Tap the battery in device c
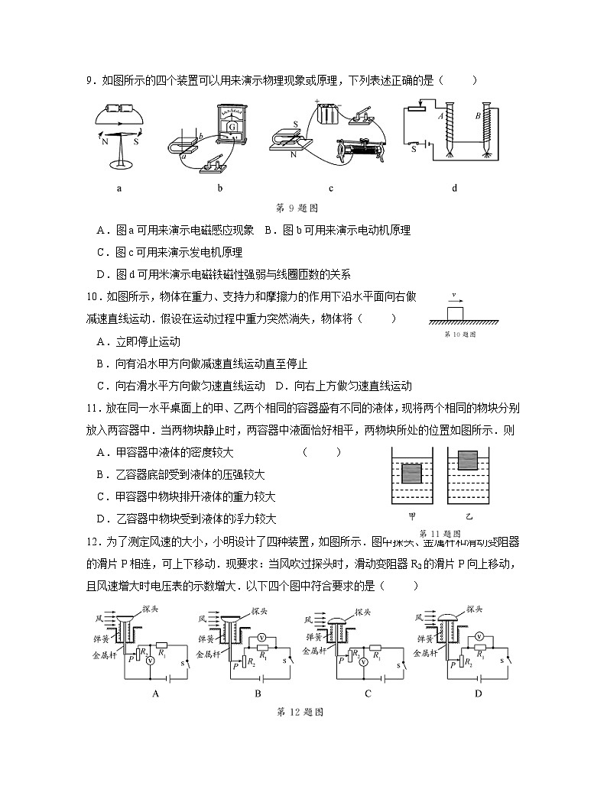pos(329,116)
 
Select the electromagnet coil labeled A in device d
pos(446,130)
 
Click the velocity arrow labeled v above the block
pos(456,297)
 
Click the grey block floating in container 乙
pos(467,461)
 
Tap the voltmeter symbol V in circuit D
pos(479,636)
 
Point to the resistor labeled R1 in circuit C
pos(375,648)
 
